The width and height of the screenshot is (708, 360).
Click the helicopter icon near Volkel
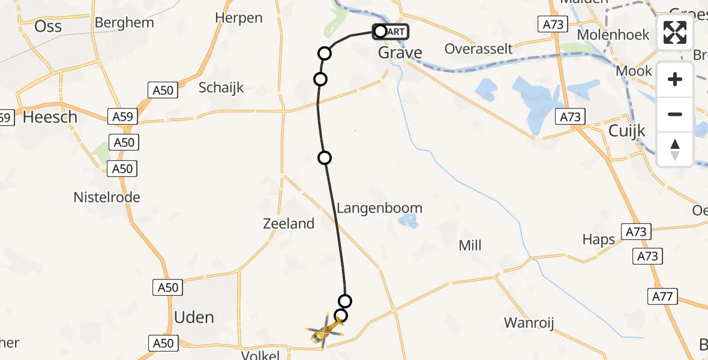(325, 329)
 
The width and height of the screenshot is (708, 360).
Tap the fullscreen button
(675, 33)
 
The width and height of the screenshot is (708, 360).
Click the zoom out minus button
(675, 114)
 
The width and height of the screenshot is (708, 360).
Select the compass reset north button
(675, 149)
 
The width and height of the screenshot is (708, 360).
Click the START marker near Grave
(391, 31)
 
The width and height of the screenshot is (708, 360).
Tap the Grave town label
(400, 53)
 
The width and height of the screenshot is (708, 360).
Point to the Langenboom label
(379, 208)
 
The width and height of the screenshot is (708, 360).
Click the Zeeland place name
(289, 224)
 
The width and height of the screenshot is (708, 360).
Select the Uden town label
(194, 317)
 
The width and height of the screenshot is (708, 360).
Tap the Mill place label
(470, 245)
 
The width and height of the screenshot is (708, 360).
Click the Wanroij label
(529, 323)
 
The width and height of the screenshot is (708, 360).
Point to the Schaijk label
(221, 88)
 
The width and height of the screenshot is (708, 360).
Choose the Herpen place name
(239, 18)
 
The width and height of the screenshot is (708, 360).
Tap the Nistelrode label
(107, 197)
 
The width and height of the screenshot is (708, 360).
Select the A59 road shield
(122, 116)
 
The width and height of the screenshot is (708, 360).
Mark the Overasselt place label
(479, 49)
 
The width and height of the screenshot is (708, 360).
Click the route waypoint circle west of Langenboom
(325, 158)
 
